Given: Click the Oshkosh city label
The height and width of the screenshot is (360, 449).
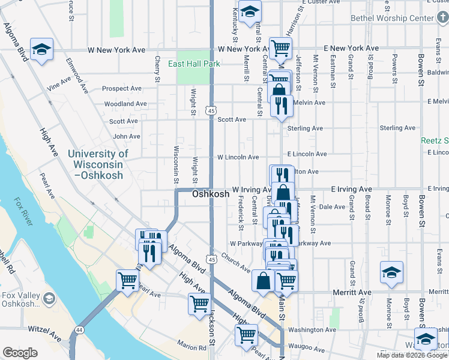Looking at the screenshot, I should [x=211, y=194].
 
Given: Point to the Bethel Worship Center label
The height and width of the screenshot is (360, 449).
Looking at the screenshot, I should [x=400, y=18].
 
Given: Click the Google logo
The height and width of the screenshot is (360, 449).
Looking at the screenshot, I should [x=20, y=353].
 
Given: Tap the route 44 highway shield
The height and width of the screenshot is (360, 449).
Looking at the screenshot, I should [x=79, y=330].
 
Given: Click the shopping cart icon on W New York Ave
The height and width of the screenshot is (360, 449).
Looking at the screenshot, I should [x=281, y=48].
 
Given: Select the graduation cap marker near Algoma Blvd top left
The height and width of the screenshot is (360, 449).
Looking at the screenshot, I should [x=42, y=49].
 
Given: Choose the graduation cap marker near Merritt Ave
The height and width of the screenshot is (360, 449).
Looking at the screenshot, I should [x=391, y=272].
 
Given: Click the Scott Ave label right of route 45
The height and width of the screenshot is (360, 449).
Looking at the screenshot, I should [x=232, y=119].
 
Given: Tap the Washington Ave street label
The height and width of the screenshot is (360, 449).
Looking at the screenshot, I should [x=312, y=329].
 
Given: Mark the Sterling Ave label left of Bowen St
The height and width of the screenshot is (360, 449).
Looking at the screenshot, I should [x=397, y=128].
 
